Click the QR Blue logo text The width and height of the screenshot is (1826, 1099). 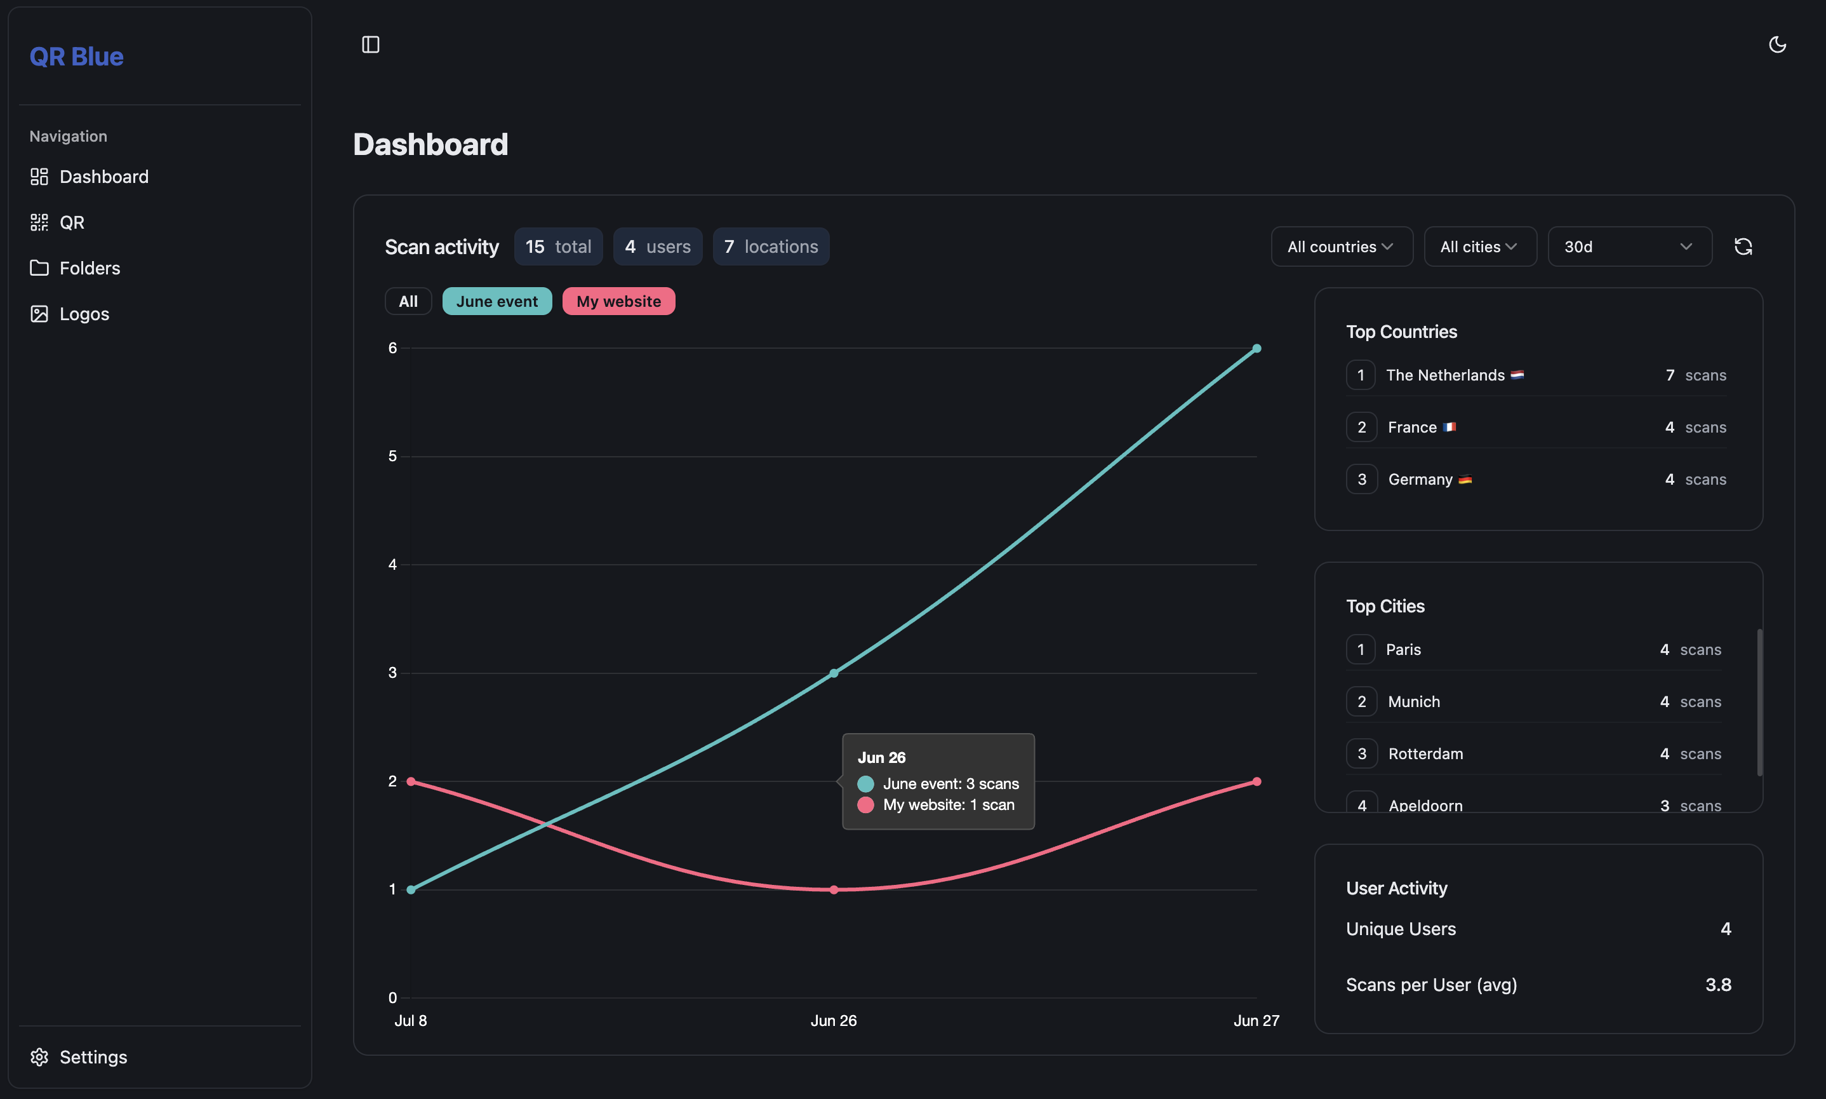tap(76, 57)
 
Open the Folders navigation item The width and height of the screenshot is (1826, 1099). tap(89, 268)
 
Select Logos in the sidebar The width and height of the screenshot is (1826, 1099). tap(84, 314)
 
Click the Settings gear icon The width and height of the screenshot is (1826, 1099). tap(39, 1057)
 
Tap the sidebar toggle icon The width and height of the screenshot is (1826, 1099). tap(370, 44)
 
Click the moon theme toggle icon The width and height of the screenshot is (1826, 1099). tap(1777, 44)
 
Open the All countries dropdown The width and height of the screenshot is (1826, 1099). tap(1340, 246)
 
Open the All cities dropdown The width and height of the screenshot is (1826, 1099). tap(1479, 246)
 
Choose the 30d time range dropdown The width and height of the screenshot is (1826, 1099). tap(1629, 246)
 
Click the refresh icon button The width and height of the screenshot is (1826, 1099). tap(1742, 246)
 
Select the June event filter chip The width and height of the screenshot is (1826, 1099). tap(496, 301)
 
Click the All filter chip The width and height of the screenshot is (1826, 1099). tap(408, 301)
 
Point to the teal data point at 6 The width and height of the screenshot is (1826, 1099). tap(1256, 348)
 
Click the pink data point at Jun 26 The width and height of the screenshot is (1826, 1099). tap(834, 889)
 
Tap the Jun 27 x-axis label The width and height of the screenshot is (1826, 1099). tap(1255, 1020)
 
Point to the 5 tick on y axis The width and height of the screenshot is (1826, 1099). tap(392, 456)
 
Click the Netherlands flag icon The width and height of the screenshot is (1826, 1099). tap(1517, 375)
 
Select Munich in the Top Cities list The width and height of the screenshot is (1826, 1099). tap(1414, 701)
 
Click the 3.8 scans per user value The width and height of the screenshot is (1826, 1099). tap(1717, 985)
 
